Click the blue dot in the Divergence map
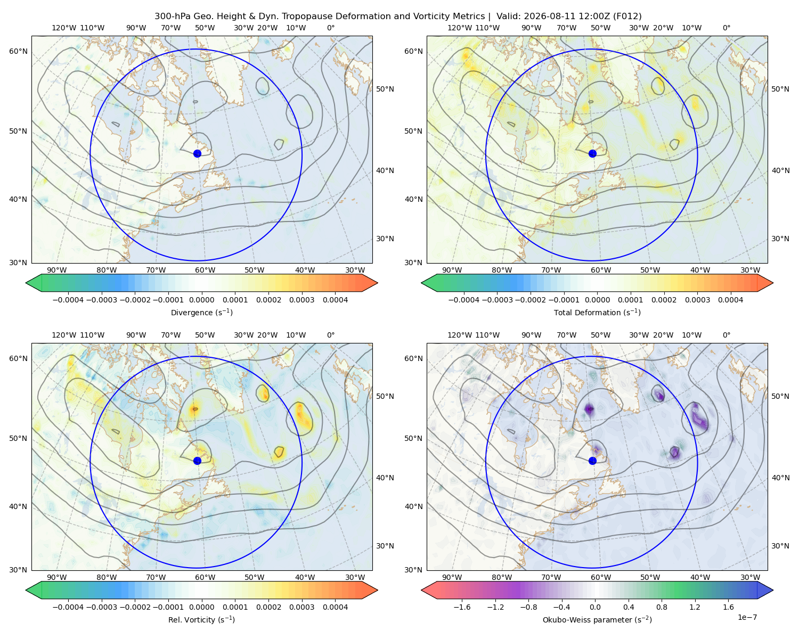(x=197, y=154)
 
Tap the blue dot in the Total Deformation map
(x=592, y=154)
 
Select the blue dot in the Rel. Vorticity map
(x=197, y=461)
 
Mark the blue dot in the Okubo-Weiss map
(x=592, y=461)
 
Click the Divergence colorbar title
(x=201, y=313)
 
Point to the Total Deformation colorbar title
(x=597, y=313)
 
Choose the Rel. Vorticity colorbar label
(x=201, y=620)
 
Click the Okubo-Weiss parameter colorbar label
(x=597, y=620)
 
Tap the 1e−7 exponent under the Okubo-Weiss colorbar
(x=747, y=617)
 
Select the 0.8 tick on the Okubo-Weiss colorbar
(x=662, y=607)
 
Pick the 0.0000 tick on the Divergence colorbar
(x=201, y=300)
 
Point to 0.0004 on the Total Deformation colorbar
(x=730, y=300)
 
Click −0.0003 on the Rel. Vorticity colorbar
(x=101, y=607)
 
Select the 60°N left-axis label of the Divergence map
(x=18, y=51)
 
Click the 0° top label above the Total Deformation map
(x=726, y=28)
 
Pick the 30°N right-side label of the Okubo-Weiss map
(x=780, y=546)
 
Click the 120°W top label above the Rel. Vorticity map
(x=64, y=335)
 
